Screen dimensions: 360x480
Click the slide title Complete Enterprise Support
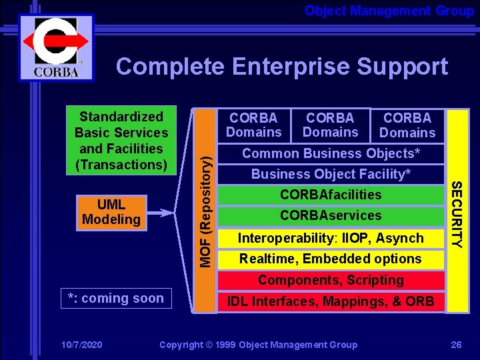tap(281, 67)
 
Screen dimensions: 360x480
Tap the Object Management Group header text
tap(389, 11)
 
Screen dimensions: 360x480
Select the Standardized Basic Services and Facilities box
tap(121, 141)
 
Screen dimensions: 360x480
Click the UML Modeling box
tap(111, 212)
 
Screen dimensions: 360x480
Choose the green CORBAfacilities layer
tap(331, 195)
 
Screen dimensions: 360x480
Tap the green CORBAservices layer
tap(331, 215)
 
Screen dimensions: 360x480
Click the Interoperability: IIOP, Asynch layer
tap(331, 238)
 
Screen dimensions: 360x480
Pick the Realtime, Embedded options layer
tap(331, 259)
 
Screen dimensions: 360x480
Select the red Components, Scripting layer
tap(331, 280)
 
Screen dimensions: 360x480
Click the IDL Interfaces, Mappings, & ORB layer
tap(331, 301)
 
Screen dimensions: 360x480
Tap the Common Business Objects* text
tap(331, 153)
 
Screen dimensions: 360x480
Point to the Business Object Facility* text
tap(331, 174)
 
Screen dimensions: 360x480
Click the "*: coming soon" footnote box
tap(115, 298)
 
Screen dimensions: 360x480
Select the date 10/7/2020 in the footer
tap(81, 345)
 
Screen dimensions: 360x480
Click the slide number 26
tap(456, 345)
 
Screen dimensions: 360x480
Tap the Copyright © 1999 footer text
tap(258, 345)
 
